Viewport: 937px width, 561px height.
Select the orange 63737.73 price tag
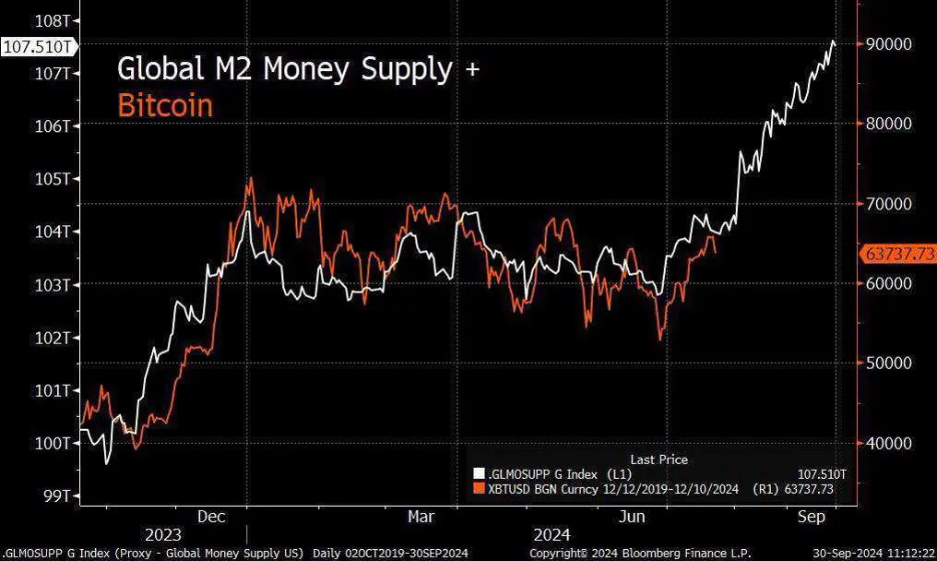897,254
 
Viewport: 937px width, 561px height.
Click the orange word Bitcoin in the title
165,106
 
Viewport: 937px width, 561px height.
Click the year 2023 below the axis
163,534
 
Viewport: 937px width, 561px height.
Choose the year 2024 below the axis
552,534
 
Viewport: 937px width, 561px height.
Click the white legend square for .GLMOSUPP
478,473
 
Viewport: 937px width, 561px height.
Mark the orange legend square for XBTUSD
478,488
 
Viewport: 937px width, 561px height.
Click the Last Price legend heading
658,459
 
